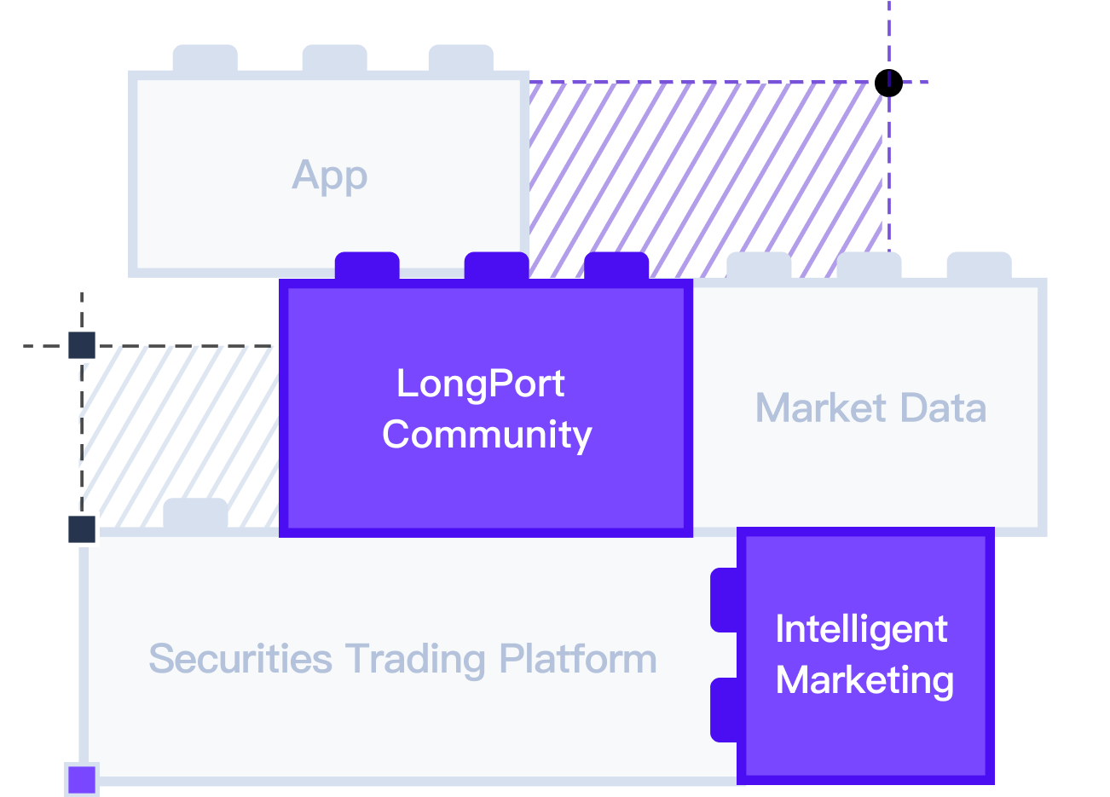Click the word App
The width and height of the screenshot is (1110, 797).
tap(330, 176)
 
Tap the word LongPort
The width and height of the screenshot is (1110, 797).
tap(480, 384)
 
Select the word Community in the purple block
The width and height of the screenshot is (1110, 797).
tap(487, 434)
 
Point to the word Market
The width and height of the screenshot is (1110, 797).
tap(820, 407)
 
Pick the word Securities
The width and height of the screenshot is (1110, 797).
tap(240, 659)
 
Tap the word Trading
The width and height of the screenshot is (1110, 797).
tap(416, 659)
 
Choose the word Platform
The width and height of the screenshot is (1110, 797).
tap(578, 659)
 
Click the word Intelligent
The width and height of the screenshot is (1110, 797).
tap(861, 629)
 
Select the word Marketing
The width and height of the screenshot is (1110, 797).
tap(864, 680)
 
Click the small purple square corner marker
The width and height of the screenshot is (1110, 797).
tap(82, 779)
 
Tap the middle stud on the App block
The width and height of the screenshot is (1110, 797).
tap(334, 59)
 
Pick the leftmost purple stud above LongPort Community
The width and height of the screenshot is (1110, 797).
tap(367, 266)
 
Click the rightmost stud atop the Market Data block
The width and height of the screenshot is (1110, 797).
tap(979, 265)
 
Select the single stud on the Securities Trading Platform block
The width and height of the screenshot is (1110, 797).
tap(195, 512)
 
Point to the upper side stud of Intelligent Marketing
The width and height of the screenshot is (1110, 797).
tap(724, 600)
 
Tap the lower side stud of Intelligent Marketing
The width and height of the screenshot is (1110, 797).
tap(724, 709)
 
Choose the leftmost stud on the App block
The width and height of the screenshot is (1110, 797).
tap(205, 59)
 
